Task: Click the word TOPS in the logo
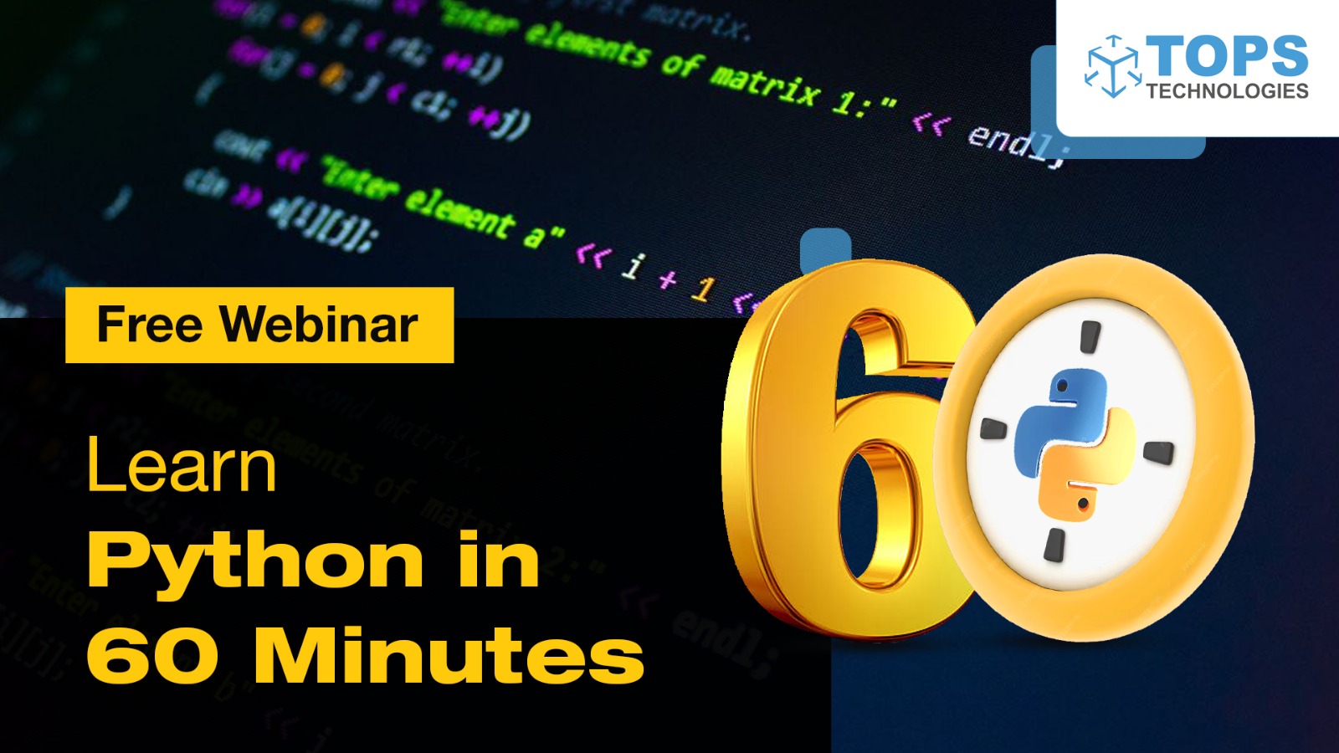click(x=1227, y=56)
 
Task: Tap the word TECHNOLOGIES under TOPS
click(x=1227, y=91)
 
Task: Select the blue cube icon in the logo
click(x=1113, y=67)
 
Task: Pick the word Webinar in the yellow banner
click(x=319, y=325)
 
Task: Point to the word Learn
click(x=181, y=465)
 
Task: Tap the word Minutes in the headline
click(x=449, y=655)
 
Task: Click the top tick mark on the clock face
click(x=1090, y=336)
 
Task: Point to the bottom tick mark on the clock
click(x=1054, y=544)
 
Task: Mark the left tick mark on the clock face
click(x=993, y=428)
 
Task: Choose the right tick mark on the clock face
click(x=1158, y=453)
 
